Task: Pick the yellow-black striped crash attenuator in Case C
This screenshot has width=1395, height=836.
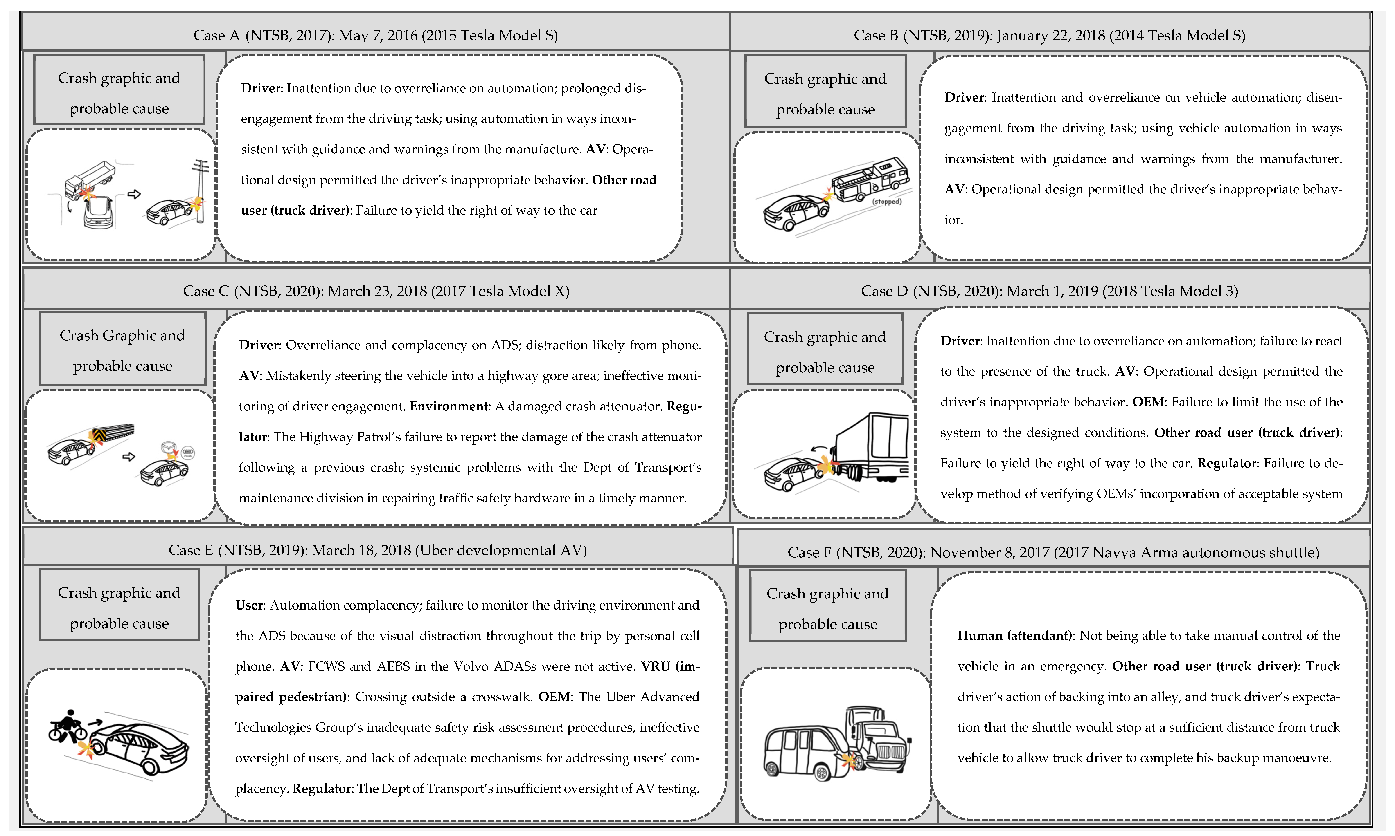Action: (x=113, y=433)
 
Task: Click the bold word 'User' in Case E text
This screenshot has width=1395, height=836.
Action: (x=249, y=605)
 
